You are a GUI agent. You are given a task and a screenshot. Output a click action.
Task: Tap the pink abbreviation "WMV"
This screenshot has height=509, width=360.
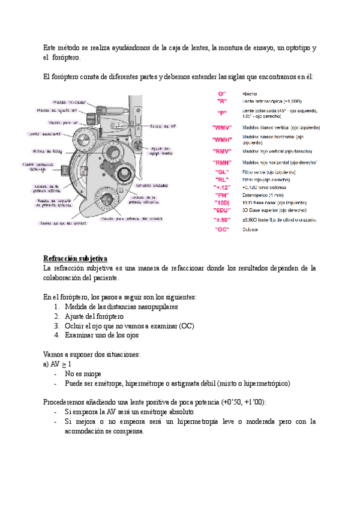(222, 128)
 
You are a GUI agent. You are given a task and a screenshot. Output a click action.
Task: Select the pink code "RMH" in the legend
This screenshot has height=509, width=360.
(222, 163)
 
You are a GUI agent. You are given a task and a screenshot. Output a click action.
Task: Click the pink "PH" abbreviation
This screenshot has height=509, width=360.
(222, 195)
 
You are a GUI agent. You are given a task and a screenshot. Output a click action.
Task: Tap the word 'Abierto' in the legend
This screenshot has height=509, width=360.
(250, 94)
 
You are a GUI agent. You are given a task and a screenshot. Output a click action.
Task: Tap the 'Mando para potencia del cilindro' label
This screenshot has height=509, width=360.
(131, 218)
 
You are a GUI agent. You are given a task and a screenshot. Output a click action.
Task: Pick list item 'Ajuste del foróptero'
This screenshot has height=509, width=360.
(94, 316)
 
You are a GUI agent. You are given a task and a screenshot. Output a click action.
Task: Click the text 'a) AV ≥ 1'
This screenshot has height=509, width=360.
(58, 364)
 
